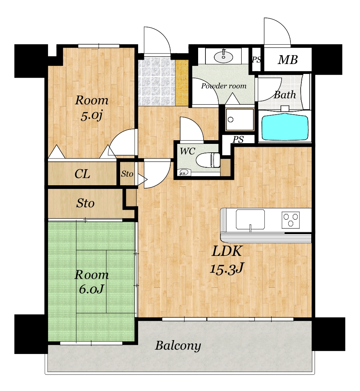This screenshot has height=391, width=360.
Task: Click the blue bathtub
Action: coord(285,127)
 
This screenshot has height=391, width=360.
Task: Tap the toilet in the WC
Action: coord(208,160)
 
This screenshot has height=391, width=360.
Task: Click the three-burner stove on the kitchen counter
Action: coord(290,220)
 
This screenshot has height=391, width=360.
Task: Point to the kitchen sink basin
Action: coord(250,219)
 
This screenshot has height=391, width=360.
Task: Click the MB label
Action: coord(288,60)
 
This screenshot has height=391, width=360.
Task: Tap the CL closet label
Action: coord(82,174)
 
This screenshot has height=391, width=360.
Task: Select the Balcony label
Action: coord(178,346)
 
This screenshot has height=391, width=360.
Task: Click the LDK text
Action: coord(227,251)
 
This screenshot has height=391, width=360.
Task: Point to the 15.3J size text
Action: coord(227,268)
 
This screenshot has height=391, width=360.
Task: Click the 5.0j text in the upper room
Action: coord(92,116)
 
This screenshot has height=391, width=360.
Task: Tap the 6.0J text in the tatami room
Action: coord(91,289)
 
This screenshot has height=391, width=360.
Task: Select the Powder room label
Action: coord(224,86)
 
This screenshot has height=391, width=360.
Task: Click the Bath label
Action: coord(285,95)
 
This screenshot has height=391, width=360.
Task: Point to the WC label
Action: coord(188,151)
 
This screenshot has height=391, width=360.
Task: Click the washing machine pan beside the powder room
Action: coord(240,119)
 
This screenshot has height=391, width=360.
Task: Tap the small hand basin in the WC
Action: coord(184,172)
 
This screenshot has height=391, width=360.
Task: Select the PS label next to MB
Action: coord(256,60)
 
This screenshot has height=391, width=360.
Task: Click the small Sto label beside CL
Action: coord(127,174)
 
